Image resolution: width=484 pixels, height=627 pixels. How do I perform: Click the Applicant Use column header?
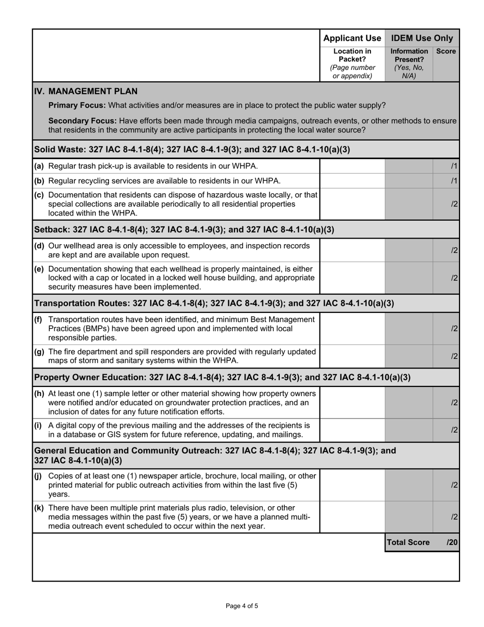352,38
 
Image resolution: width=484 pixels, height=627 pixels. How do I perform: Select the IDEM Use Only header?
422,38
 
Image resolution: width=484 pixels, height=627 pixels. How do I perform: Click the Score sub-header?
446,51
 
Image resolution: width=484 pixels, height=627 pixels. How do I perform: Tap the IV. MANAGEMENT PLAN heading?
86,91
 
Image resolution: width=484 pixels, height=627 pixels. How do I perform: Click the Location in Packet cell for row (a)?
352,166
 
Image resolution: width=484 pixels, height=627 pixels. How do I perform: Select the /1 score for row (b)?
454,181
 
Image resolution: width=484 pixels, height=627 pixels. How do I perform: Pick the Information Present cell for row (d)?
409,250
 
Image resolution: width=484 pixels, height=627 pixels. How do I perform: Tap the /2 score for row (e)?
454,278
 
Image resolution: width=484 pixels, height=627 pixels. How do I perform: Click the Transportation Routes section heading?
214,303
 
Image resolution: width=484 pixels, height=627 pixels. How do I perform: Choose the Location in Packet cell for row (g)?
352,356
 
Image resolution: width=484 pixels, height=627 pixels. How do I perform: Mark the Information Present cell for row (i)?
409,430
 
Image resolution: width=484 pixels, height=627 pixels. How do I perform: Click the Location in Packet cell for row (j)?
352,485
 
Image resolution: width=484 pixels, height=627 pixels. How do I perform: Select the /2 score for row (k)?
454,517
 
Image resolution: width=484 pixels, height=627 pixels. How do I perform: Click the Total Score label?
408,542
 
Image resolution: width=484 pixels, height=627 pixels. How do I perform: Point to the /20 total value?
452,542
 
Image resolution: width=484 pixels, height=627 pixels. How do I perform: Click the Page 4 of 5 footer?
242,606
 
